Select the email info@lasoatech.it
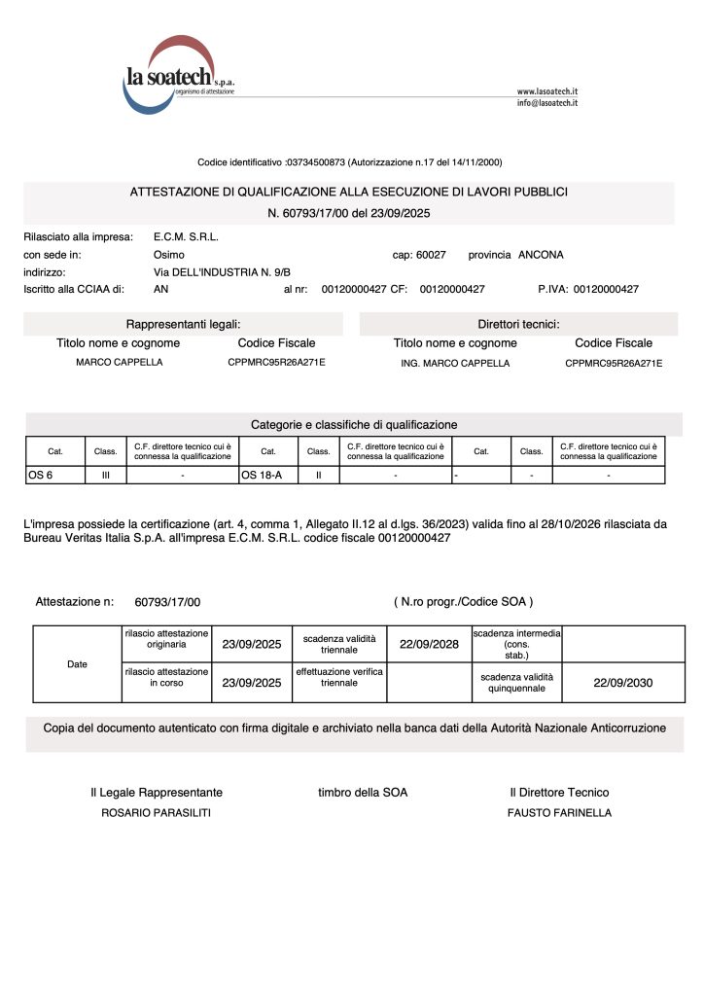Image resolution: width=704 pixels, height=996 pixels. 546,102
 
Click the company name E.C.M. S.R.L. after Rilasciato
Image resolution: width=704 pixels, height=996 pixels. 186,236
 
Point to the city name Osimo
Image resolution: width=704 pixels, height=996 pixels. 169,254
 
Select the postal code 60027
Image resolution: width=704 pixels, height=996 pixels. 431,254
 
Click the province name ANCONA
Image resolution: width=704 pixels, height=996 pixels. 541,254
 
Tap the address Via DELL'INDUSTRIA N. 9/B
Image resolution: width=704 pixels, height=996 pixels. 222,271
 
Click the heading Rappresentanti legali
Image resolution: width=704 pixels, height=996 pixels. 183,324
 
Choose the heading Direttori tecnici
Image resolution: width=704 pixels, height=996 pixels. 518,324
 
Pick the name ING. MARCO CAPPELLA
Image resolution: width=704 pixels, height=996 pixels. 455,363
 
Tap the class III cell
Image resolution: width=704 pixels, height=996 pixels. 105,475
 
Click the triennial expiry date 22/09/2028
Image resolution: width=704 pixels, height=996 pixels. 429,644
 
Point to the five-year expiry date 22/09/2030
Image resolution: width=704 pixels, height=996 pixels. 622,683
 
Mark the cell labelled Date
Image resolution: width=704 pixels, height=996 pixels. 77,664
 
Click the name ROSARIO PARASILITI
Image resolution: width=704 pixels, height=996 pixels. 156,813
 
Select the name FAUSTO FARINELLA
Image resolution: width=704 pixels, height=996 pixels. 559,813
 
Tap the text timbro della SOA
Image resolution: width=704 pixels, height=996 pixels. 363,793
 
